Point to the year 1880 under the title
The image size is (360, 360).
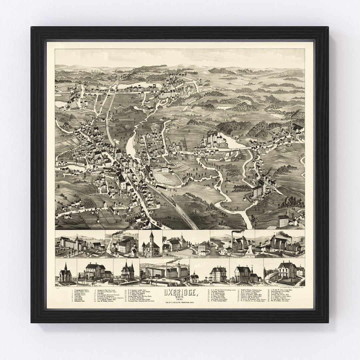click(180, 299)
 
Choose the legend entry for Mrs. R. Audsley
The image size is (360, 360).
click(293, 301)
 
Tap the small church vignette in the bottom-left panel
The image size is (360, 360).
click(65, 274)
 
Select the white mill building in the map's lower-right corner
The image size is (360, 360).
click(283, 220)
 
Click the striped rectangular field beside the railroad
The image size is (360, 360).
click(163, 178)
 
